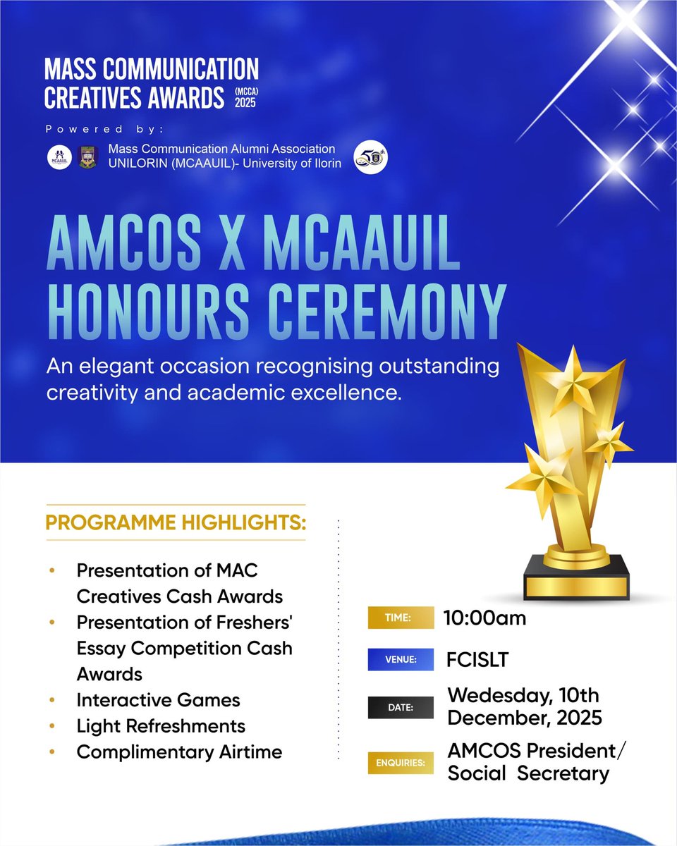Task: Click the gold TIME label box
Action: (x=400, y=618)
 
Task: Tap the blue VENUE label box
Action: (x=400, y=661)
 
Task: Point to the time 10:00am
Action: (x=485, y=618)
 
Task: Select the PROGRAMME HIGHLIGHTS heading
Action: (x=176, y=522)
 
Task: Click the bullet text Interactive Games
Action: (x=159, y=700)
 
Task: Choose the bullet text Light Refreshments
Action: (x=161, y=725)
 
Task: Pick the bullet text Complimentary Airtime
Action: (x=179, y=752)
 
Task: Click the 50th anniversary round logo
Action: (x=370, y=156)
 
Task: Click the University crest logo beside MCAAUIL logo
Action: (x=87, y=156)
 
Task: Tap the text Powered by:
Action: (x=104, y=130)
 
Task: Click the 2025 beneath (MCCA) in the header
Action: (x=246, y=103)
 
